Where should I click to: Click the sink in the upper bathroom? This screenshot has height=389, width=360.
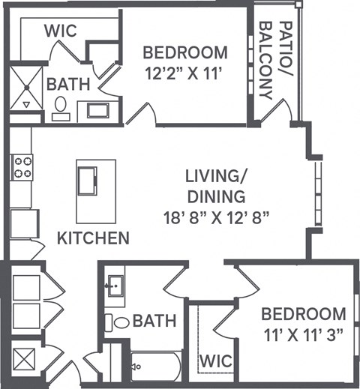click(x=97, y=110)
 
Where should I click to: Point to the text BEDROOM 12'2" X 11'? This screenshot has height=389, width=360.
click(x=184, y=64)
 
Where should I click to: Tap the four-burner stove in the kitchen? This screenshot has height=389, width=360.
click(x=21, y=166)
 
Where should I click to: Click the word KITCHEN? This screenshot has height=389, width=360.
click(x=94, y=238)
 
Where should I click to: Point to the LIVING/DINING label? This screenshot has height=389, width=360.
click(x=216, y=187)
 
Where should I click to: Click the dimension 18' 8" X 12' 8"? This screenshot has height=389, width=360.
click(x=217, y=218)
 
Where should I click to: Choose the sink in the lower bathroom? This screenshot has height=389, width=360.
click(x=116, y=286)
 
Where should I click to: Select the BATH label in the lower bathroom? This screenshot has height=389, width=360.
click(x=154, y=322)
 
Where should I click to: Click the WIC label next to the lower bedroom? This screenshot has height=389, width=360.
click(x=216, y=362)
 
